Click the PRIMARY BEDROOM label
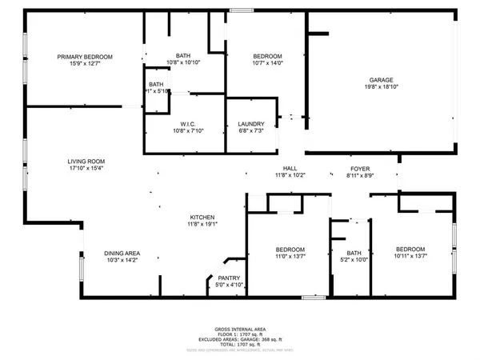tap(85, 56)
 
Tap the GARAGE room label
tap(380, 80)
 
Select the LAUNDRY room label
tap(250, 123)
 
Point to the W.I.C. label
tap(189, 123)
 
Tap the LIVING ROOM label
tap(86, 162)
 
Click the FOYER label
tap(359, 168)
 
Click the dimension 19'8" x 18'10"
tap(380, 86)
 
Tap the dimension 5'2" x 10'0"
tap(354, 259)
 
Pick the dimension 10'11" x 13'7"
tap(410, 255)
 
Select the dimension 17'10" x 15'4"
tap(86, 168)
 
